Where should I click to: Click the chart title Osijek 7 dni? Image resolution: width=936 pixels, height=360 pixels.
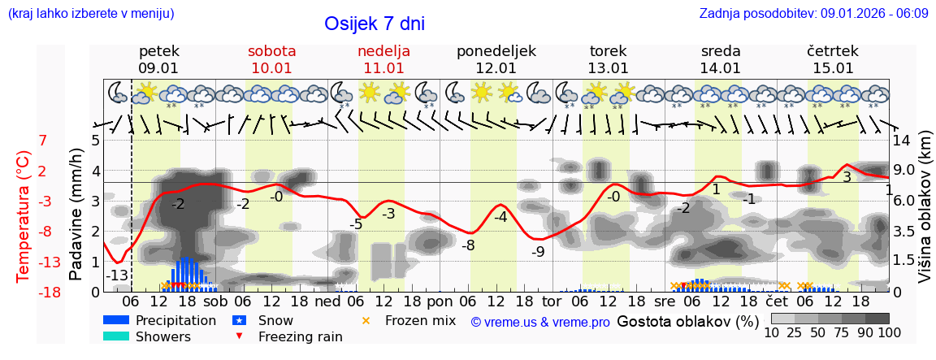coord(374,24)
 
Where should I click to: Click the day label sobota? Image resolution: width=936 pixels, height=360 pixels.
coord(271,51)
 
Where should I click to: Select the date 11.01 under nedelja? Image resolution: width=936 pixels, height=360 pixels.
coord(383,68)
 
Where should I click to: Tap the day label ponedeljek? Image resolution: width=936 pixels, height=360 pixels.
coord(496,51)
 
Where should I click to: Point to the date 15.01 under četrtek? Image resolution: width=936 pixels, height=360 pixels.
coord(833,68)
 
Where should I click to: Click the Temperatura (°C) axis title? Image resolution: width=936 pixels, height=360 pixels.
coord(24,216)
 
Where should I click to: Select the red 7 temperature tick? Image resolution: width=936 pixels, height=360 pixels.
coord(43,141)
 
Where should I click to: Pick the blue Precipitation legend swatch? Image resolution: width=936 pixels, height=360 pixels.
coord(116,320)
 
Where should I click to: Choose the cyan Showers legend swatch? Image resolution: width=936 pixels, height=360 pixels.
coord(116,336)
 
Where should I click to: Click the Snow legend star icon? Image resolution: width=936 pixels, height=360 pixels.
coord(240,320)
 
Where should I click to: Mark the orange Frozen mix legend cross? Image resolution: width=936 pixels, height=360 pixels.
coord(366,320)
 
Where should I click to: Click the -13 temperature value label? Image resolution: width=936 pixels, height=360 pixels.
coord(118,275)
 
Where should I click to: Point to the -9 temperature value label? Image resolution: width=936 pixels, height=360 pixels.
coord(538,251)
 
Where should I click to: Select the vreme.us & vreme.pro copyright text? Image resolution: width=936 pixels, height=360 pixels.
coord(540,322)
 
